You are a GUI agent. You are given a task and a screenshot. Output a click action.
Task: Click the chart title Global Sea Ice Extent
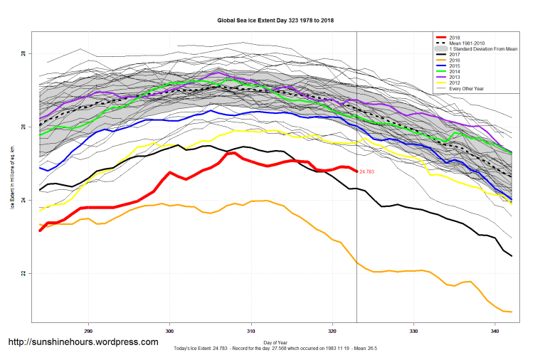(276, 21)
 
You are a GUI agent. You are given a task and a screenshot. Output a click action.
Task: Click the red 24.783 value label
(367, 171)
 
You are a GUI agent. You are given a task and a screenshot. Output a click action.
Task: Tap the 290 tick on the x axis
(88, 331)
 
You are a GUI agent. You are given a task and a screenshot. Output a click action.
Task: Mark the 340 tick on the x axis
(494, 331)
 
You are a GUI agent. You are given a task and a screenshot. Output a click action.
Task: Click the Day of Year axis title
(275, 342)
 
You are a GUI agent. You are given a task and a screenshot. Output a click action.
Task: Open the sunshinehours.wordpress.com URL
(83, 342)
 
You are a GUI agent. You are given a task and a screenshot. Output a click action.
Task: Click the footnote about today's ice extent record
(275, 349)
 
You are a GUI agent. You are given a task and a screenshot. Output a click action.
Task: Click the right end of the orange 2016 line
(512, 312)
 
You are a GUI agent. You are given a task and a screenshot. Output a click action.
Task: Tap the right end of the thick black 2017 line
(512, 256)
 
